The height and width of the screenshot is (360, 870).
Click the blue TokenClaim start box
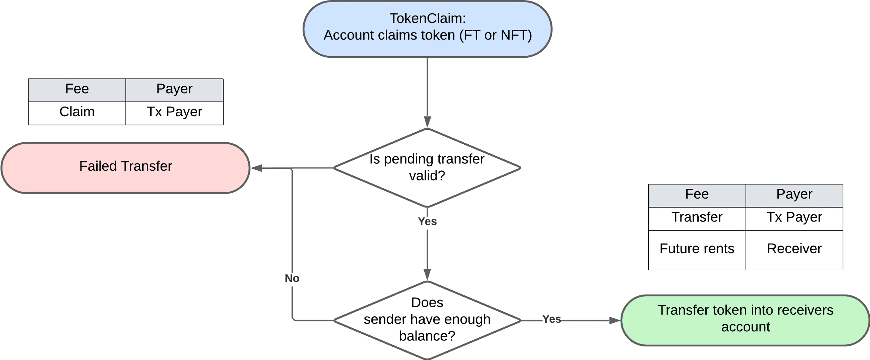(x=427, y=29)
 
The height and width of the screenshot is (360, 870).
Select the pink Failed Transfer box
(x=126, y=168)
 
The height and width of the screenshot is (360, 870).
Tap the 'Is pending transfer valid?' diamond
(x=427, y=168)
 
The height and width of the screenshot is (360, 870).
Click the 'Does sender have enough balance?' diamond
(x=427, y=320)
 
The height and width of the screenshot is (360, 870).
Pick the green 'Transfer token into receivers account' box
(x=745, y=320)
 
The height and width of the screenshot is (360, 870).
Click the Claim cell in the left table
(x=77, y=113)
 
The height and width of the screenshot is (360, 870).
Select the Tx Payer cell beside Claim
(x=174, y=113)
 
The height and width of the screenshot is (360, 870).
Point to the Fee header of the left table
(x=77, y=90)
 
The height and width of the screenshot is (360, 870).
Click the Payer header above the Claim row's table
(x=174, y=90)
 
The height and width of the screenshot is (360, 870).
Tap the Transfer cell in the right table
(x=697, y=219)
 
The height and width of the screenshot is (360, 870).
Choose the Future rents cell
(x=697, y=250)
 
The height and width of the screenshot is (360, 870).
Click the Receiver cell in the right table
(x=794, y=250)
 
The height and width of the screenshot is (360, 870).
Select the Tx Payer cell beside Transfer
(x=794, y=219)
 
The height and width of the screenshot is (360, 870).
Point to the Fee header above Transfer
(x=697, y=196)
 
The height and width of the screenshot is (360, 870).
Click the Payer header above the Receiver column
(x=794, y=196)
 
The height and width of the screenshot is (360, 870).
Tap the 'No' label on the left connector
(x=292, y=278)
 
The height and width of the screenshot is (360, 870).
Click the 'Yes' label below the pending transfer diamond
(x=427, y=221)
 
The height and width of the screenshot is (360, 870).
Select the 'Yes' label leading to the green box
(x=552, y=319)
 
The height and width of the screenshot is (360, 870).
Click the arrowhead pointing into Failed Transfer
(x=256, y=168)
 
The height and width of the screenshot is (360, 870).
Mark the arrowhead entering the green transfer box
(x=615, y=320)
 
